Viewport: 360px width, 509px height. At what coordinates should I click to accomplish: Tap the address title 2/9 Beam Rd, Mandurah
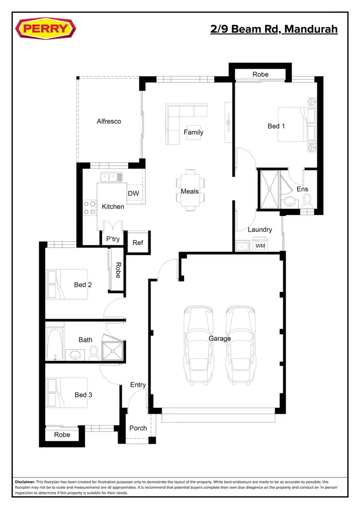[274, 29]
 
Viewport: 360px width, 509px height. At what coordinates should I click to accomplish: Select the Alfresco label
[109, 121]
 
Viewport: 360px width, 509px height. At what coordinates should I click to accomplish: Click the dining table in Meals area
[190, 190]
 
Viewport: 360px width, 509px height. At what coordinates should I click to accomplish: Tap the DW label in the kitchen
[133, 193]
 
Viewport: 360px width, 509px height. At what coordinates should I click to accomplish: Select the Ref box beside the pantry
[138, 243]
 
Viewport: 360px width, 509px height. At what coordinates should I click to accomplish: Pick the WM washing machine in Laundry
[260, 246]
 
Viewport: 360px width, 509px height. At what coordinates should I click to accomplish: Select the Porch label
[138, 428]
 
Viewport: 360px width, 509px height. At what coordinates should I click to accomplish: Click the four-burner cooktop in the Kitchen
[90, 208]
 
